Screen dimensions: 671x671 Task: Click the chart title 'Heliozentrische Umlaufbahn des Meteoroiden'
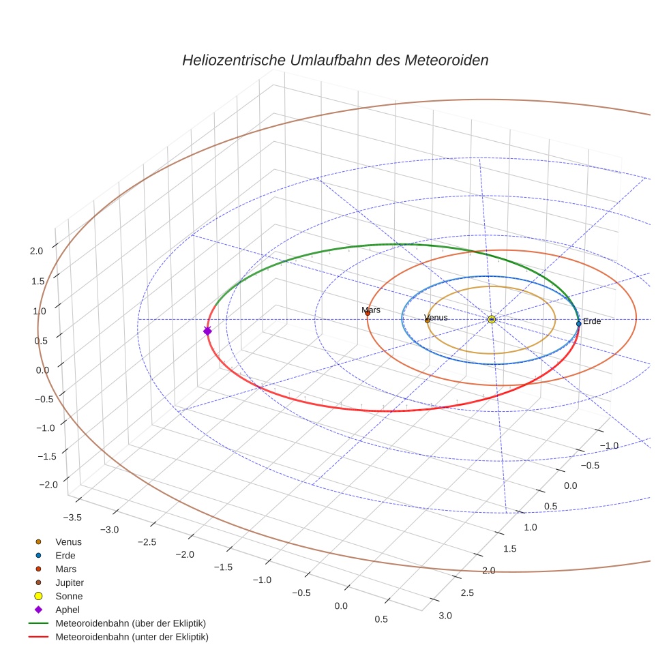click(x=335, y=60)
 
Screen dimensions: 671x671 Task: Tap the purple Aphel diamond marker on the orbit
click(x=207, y=331)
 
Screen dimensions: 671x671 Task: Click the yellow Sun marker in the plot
click(x=492, y=319)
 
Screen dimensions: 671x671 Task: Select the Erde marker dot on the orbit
click(x=578, y=323)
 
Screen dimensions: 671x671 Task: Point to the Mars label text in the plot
click(x=370, y=310)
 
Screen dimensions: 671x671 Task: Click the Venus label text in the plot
click(x=436, y=318)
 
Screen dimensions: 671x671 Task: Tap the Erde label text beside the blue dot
click(x=592, y=321)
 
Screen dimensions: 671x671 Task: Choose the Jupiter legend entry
click(x=69, y=582)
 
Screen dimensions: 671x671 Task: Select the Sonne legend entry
click(x=69, y=596)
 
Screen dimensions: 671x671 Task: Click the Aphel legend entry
click(x=68, y=610)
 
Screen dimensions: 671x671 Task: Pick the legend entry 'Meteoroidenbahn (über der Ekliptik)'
click(x=130, y=623)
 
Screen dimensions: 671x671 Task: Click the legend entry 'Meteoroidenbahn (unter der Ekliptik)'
click(x=132, y=637)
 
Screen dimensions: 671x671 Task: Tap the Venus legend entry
click(x=68, y=541)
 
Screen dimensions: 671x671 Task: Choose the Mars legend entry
click(x=65, y=569)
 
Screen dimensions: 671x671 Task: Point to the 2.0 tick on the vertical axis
click(x=37, y=251)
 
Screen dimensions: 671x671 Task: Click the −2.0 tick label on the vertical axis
click(x=48, y=484)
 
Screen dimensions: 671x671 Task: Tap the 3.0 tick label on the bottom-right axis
click(x=445, y=616)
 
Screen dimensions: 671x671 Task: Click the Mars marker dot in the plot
click(x=368, y=313)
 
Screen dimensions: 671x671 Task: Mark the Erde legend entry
click(x=65, y=555)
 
